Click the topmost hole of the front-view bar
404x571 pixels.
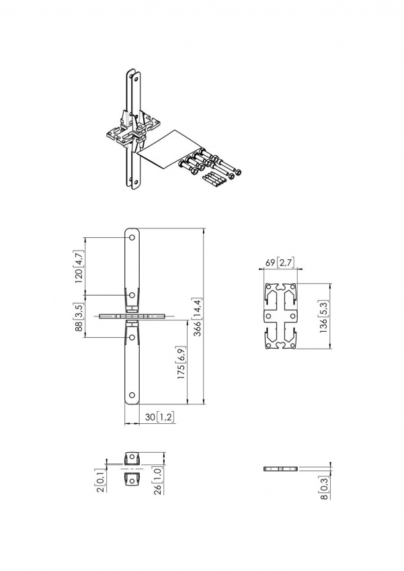pyautogui.click(x=132, y=237)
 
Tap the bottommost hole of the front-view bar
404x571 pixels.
pyautogui.click(x=132, y=394)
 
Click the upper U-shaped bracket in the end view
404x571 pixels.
pyautogui.click(x=132, y=459)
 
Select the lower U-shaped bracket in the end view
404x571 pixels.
pyautogui.click(x=132, y=479)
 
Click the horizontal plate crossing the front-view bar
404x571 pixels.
pyautogui.click(x=132, y=316)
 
